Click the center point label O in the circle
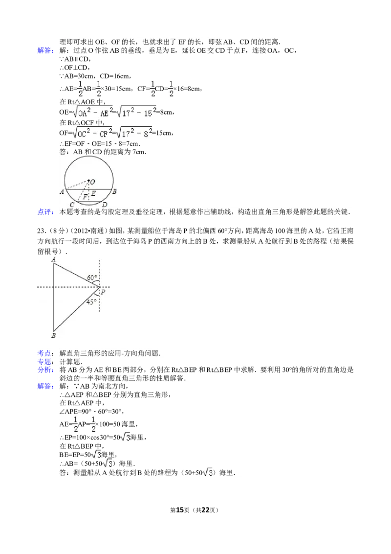point(93,182)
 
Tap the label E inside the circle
point(93,193)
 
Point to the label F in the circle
point(85,197)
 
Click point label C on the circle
point(72,204)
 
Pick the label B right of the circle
point(114,192)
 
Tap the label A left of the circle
point(62,192)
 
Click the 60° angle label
point(91,278)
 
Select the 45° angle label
point(90,302)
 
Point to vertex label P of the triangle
point(103,292)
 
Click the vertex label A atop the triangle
point(53,259)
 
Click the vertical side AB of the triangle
point(53,299)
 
